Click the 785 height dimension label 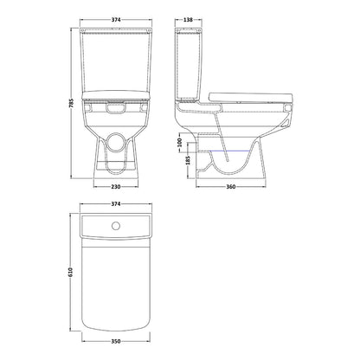[72, 103]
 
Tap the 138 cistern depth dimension [188, 20]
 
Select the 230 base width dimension [116, 187]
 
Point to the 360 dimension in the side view [231, 187]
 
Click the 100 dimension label [179, 143]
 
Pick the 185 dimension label [188, 160]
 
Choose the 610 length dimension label [71, 273]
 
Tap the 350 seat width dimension [116, 341]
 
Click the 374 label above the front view [116, 20]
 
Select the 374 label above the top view [116, 204]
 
